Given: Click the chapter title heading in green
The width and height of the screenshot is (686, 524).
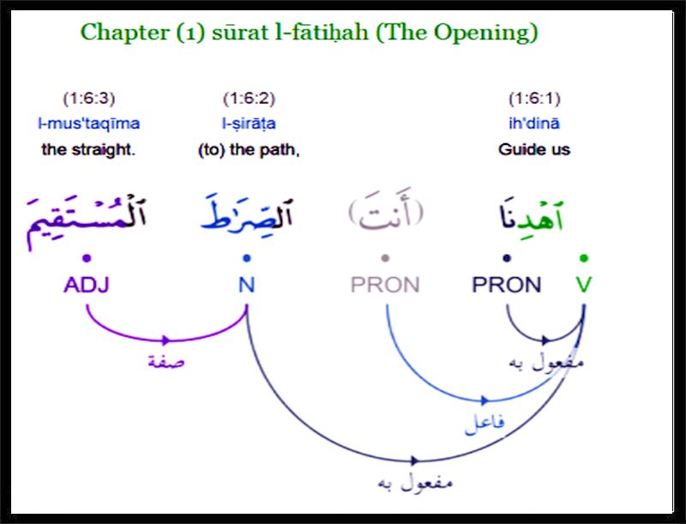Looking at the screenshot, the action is (x=309, y=33).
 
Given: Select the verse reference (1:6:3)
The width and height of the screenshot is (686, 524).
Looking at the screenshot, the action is (x=89, y=99).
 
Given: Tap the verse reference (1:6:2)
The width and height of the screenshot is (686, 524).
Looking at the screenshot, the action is (x=249, y=99).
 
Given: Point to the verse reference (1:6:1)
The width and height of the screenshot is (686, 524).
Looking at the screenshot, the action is (x=534, y=99).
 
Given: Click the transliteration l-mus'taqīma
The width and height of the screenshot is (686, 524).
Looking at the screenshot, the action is (x=89, y=123).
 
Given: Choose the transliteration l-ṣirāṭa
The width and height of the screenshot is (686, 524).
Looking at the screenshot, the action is (x=249, y=123).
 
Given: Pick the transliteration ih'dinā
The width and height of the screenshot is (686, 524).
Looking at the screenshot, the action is (x=534, y=123).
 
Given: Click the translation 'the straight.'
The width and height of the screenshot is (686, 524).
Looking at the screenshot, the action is (x=88, y=149).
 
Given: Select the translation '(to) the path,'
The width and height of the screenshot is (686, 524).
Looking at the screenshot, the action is (x=249, y=150).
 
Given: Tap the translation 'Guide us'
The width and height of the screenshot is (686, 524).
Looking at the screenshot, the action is (x=534, y=149).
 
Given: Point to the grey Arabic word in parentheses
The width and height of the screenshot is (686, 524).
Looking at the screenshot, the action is (x=386, y=211).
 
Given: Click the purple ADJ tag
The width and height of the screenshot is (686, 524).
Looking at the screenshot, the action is (x=87, y=285).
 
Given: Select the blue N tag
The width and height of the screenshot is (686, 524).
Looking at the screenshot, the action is (x=247, y=285).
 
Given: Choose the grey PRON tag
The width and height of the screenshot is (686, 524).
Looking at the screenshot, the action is (x=385, y=285).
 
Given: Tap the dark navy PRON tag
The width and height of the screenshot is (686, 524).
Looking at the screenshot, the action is (x=507, y=285).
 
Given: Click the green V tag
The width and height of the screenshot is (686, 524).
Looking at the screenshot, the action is (x=584, y=285).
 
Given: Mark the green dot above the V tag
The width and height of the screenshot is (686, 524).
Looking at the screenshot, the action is (x=584, y=258).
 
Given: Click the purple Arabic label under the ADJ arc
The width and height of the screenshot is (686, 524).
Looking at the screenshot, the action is (x=166, y=362).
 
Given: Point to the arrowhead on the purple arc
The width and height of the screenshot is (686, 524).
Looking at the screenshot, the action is (x=165, y=340).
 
